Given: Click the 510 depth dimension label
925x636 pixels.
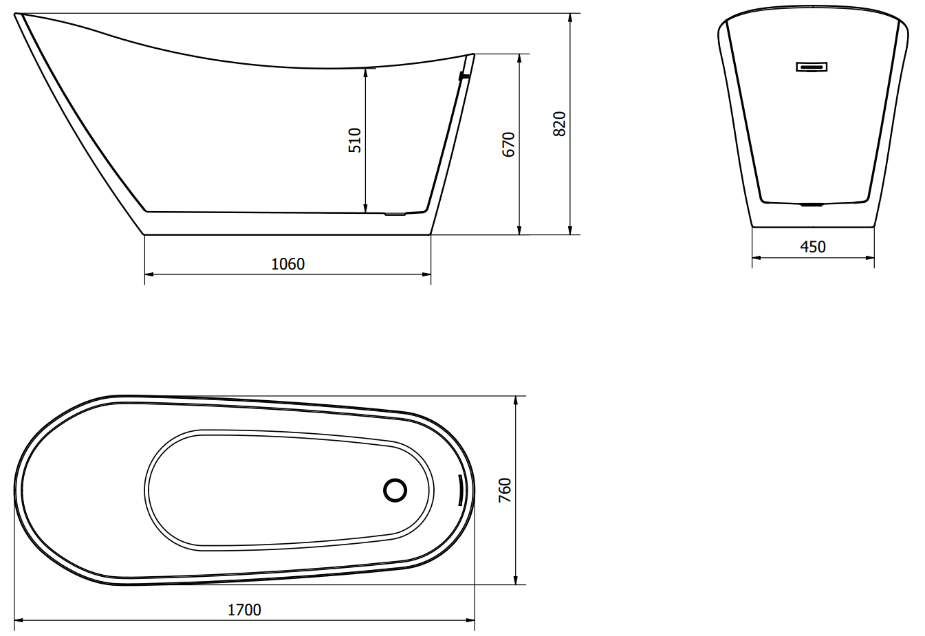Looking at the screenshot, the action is [x=355, y=140].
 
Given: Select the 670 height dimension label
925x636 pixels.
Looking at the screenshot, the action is [x=508, y=144].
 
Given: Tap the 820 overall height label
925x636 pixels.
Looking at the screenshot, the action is [x=559, y=124].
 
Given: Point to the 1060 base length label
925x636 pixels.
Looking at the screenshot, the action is [x=288, y=264].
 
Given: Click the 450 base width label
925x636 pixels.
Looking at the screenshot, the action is [x=813, y=247].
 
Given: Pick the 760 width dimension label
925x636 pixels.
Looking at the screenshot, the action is [x=505, y=490].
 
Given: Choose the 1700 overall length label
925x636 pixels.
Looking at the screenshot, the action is [x=244, y=610].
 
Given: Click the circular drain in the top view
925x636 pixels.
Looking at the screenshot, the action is [x=395, y=490].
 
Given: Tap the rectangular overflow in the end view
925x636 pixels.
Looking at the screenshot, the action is [x=812, y=67].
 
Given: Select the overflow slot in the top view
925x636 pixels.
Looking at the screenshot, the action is [x=460, y=490].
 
